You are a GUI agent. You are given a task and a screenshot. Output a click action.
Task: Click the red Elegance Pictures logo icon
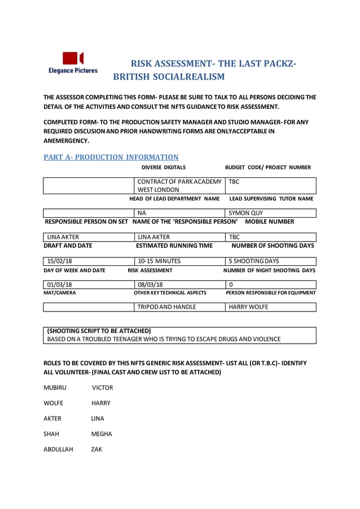coord(73,58)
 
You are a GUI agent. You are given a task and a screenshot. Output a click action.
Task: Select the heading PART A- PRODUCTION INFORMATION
coord(111,157)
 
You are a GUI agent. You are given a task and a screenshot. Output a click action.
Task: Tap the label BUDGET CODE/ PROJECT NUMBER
coord(267,168)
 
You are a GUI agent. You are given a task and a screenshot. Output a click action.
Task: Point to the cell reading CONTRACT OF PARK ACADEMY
coord(179,182)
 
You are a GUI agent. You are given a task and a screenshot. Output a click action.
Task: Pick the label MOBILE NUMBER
coord(270,222)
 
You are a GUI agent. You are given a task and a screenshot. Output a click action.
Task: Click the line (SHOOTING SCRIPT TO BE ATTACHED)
coord(99,330)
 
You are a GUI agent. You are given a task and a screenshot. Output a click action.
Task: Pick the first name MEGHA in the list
coord(102,434)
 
